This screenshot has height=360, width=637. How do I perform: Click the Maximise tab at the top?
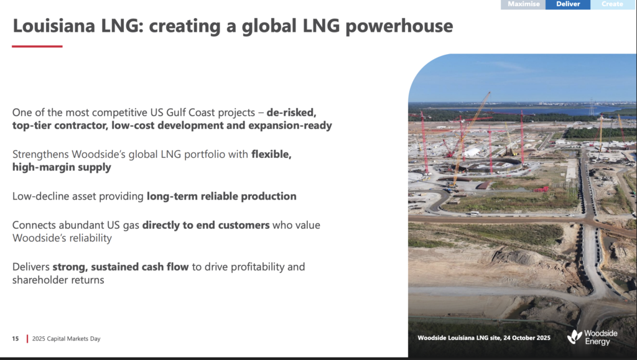point(523,4)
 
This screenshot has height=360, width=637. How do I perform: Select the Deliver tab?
point(568,4)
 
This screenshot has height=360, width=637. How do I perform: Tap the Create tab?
point(613,4)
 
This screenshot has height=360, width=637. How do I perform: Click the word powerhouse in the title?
point(399,26)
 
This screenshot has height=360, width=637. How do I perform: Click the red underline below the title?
point(37,46)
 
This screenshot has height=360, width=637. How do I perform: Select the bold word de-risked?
point(291,113)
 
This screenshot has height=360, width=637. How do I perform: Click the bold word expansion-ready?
point(290,126)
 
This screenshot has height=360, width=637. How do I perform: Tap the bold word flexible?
point(271,154)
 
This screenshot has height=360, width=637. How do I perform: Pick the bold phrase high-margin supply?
point(62,167)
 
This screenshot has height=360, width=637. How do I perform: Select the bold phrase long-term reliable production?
point(221,196)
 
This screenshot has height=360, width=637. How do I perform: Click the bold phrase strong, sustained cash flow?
point(121,267)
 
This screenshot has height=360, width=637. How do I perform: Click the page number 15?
point(16,338)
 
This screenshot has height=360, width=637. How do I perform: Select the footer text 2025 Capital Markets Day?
point(66,339)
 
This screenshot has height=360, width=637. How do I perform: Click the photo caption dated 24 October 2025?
point(484,338)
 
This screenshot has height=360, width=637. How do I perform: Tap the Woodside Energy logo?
point(592,337)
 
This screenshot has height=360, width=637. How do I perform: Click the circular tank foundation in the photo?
point(488,165)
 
